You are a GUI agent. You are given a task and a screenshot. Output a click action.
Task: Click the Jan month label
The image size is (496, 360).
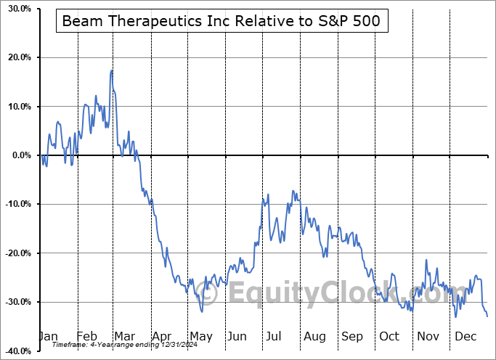(x=49, y=336)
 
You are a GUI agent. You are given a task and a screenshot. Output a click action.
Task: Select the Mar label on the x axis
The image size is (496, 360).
(x=124, y=336)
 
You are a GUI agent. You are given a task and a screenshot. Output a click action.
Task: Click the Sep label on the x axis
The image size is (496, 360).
(x=352, y=336)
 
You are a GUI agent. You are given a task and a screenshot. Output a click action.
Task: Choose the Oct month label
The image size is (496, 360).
(x=390, y=336)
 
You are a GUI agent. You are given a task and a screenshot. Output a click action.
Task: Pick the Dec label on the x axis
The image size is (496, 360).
(x=466, y=336)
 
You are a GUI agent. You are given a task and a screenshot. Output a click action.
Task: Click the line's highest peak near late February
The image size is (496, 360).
(x=111, y=70)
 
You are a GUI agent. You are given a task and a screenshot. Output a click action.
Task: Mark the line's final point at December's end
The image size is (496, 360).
(x=487, y=316)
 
